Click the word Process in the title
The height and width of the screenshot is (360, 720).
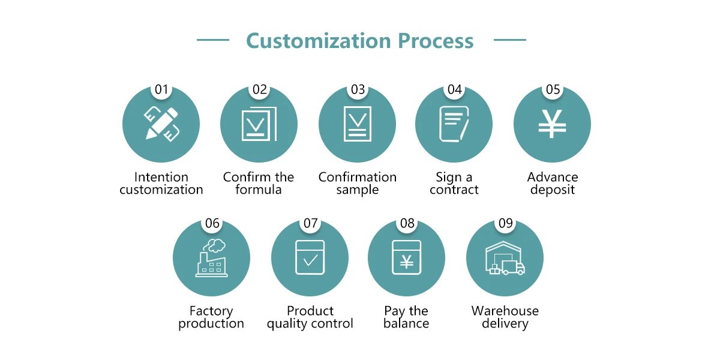[x=436, y=41]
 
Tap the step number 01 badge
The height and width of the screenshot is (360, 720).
[x=161, y=90]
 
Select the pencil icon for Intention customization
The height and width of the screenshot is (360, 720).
[x=161, y=124]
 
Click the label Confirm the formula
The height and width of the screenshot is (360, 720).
[x=259, y=183]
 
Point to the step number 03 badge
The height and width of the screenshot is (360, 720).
[x=358, y=90]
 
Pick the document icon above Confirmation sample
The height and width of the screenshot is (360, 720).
[x=358, y=124]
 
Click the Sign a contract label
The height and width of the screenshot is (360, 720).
[x=454, y=183]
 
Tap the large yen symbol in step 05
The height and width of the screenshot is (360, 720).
[x=552, y=125]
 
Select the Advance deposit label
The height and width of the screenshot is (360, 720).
[x=552, y=183]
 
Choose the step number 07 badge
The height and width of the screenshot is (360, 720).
[x=310, y=224]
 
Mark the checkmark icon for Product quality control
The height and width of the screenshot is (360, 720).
[x=310, y=258]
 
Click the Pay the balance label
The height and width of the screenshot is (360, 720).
[x=406, y=317]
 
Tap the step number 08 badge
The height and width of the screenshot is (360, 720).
[x=407, y=224]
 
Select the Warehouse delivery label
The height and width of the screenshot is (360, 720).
[x=505, y=317]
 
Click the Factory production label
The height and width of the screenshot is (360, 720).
[x=211, y=317]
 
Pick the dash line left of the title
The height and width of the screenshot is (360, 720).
[x=213, y=40]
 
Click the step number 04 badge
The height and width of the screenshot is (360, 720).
[x=455, y=90]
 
